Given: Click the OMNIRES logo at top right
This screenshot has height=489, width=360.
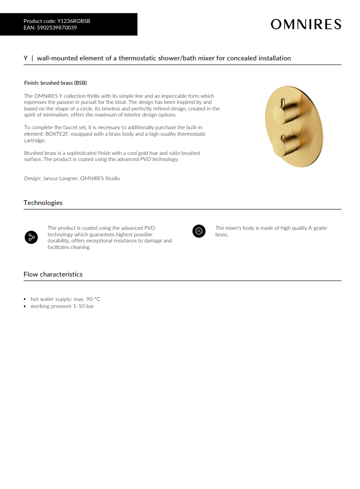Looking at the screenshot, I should pyautogui.click(x=306, y=24).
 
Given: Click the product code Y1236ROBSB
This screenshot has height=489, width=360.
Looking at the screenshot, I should pyautogui.click(x=73, y=21).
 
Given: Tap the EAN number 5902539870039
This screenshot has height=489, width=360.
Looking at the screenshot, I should pyautogui.click(x=57, y=28).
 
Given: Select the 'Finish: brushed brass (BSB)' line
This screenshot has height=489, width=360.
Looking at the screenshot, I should pyautogui.click(x=56, y=83).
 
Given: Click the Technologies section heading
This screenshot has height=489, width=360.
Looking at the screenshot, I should pyautogui.click(x=43, y=203).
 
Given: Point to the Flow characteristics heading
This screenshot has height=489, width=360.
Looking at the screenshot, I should pyautogui.click(x=53, y=274).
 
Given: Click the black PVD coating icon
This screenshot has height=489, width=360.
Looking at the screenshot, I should pyautogui.click(x=31, y=237).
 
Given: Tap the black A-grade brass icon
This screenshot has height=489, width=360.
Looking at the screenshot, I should pyautogui.click(x=199, y=231).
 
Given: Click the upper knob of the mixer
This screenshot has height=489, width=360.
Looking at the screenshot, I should pyautogui.click(x=285, y=110).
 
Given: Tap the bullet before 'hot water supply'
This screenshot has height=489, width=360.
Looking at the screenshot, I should pyautogui.click(x=25, y=299).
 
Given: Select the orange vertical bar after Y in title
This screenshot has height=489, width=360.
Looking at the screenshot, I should pyautogui.click(x=32, y=58).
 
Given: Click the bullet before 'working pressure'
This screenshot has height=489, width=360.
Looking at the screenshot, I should pyautogui.click(x=25, y=306).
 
